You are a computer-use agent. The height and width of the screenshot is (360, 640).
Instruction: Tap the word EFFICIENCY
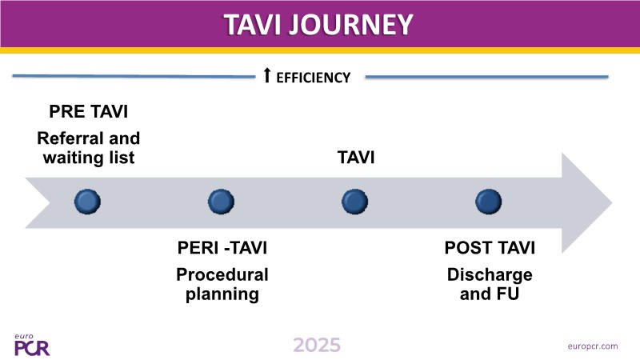pos(314,78)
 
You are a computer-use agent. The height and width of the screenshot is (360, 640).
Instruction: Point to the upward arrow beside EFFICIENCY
pos(267,76)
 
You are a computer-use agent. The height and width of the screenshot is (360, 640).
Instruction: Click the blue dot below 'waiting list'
pos(87,201)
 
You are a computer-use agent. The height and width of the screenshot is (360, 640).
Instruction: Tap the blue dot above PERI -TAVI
pos(220,201)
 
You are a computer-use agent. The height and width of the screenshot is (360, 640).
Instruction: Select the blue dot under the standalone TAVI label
pos(354,201)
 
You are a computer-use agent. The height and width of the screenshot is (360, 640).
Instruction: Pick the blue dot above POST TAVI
pos(487,201)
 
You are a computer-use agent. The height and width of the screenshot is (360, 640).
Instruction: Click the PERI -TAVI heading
pos(221,250)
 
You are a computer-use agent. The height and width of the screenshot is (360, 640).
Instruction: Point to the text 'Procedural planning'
pos(222,284)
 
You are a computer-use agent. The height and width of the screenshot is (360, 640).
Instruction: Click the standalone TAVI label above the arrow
pos(354,158)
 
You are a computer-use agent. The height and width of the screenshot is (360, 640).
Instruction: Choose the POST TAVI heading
pos(490,250)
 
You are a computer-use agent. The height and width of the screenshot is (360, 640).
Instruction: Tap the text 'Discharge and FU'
pos(490,284)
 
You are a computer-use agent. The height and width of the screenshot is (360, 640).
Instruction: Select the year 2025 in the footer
pos(317,345)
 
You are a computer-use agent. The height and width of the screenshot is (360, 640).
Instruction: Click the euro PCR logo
pos(31,345)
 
